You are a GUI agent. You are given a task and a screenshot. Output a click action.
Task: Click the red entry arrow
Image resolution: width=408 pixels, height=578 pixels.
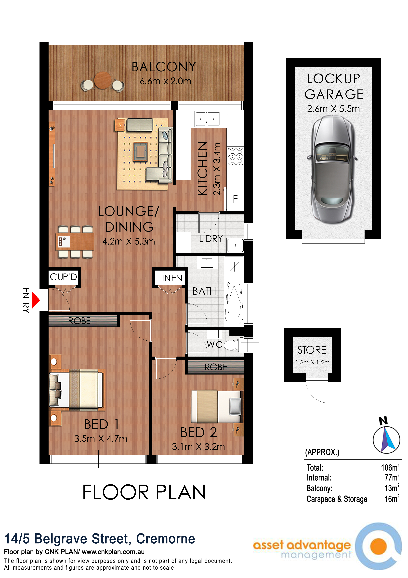tap(35, 300)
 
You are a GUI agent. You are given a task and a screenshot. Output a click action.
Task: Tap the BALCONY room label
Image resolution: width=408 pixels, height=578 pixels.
tap(164, 67)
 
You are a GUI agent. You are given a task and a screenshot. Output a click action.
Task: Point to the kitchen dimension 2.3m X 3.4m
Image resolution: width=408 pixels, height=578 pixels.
tap(217, 169)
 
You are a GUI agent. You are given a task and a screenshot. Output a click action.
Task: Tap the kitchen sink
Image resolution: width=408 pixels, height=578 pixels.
tap(208, 119)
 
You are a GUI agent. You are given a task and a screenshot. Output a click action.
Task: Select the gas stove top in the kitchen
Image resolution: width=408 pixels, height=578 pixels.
tap(235, 156)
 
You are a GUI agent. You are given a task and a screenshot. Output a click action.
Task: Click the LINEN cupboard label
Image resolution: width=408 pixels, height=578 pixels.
tap(170, 278)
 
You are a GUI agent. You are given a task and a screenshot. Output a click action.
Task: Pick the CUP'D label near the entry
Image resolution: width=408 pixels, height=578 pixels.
tap(63, 277)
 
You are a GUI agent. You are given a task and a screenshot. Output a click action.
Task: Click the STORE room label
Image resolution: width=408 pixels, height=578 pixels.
tap(312, 350)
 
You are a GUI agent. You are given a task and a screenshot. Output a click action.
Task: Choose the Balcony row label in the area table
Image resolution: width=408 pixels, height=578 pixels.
tap(319, 488)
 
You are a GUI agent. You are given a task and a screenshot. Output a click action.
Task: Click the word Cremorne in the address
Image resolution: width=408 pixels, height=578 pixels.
tap(165, 539)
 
